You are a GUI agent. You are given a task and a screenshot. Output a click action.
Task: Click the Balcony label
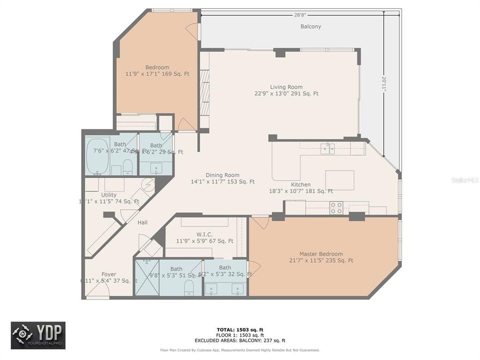pos(310,26)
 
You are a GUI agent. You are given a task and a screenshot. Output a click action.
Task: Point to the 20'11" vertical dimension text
pos(384,83)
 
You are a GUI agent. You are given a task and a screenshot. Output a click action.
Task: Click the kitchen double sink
pos(328,148)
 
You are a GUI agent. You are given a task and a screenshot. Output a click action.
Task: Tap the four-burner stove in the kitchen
pos(336,207)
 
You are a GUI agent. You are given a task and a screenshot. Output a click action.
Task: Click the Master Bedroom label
pos(321,253)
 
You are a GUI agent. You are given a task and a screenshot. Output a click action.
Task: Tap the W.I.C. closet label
pos(204,234)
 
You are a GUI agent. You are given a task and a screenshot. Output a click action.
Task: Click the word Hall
pos(142,222)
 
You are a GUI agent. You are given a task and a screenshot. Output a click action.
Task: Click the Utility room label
pos(108,195)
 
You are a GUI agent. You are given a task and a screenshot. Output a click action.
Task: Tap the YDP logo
pos(38,335)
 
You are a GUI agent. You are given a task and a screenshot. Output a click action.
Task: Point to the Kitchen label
pos(301,184)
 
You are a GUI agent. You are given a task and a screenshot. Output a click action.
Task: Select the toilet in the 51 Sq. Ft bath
pos(189,287)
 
